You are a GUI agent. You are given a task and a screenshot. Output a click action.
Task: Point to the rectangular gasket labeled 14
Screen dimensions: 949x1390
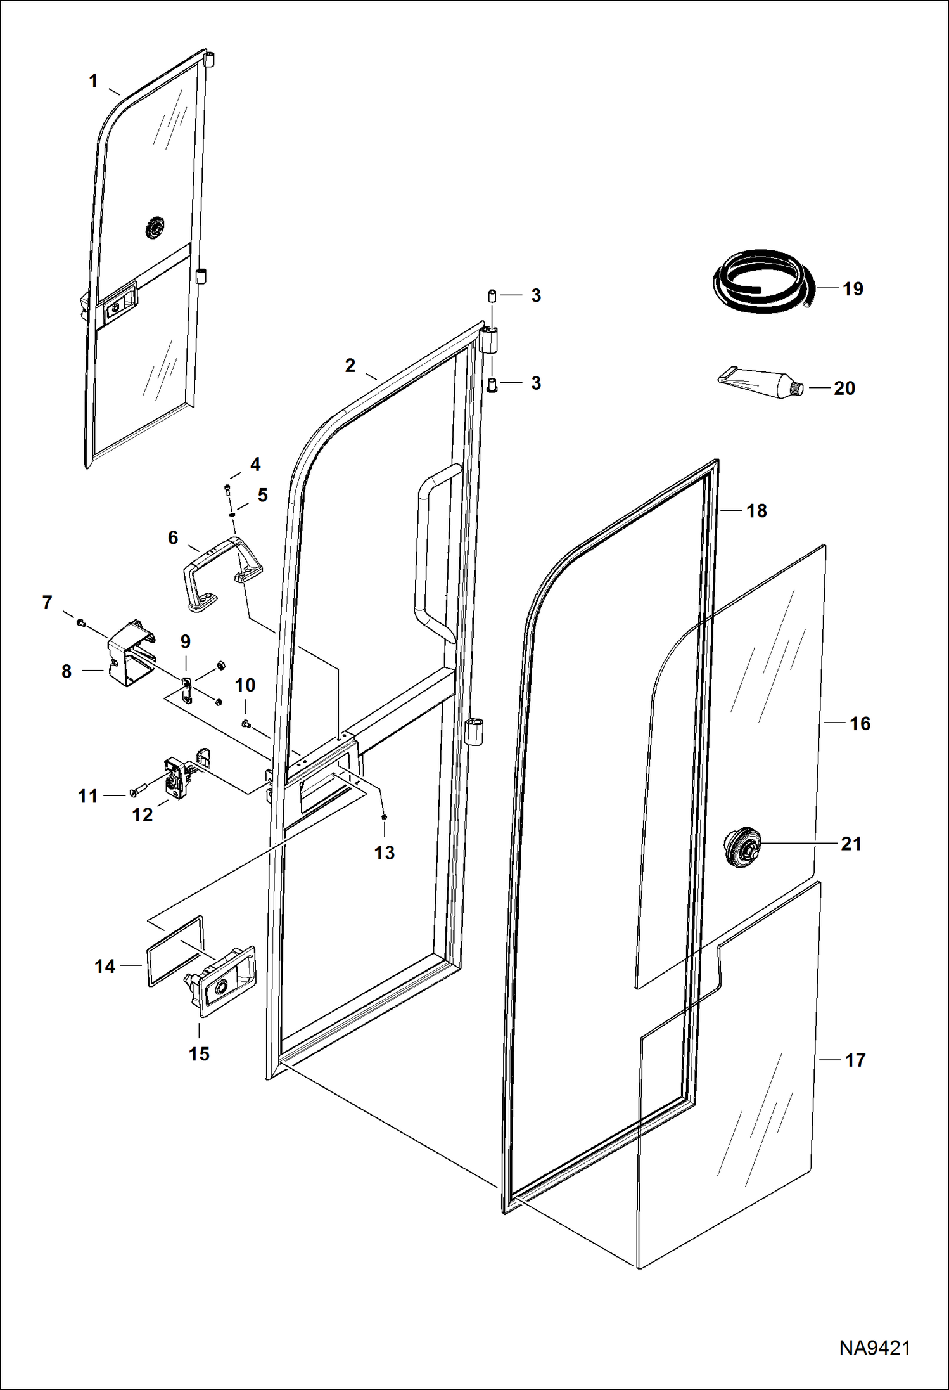[x=176, y=950]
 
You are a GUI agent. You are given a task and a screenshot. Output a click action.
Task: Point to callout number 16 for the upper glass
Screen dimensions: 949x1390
[x=860, y=723]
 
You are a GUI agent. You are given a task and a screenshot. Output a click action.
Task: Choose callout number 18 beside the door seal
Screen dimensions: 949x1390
[x=756, y=510]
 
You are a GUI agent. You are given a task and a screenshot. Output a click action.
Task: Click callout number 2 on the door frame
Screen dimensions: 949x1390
[x=350, y=365]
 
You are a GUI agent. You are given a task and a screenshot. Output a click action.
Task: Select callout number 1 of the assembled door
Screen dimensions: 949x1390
[x=93, y=81]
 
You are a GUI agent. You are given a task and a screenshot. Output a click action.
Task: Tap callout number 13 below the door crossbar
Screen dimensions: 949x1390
[x=385, y=853]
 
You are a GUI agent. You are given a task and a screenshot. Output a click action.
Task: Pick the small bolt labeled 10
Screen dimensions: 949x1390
[x=245, y=723]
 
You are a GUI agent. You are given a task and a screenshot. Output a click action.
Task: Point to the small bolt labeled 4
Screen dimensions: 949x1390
[x=227, y=488]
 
